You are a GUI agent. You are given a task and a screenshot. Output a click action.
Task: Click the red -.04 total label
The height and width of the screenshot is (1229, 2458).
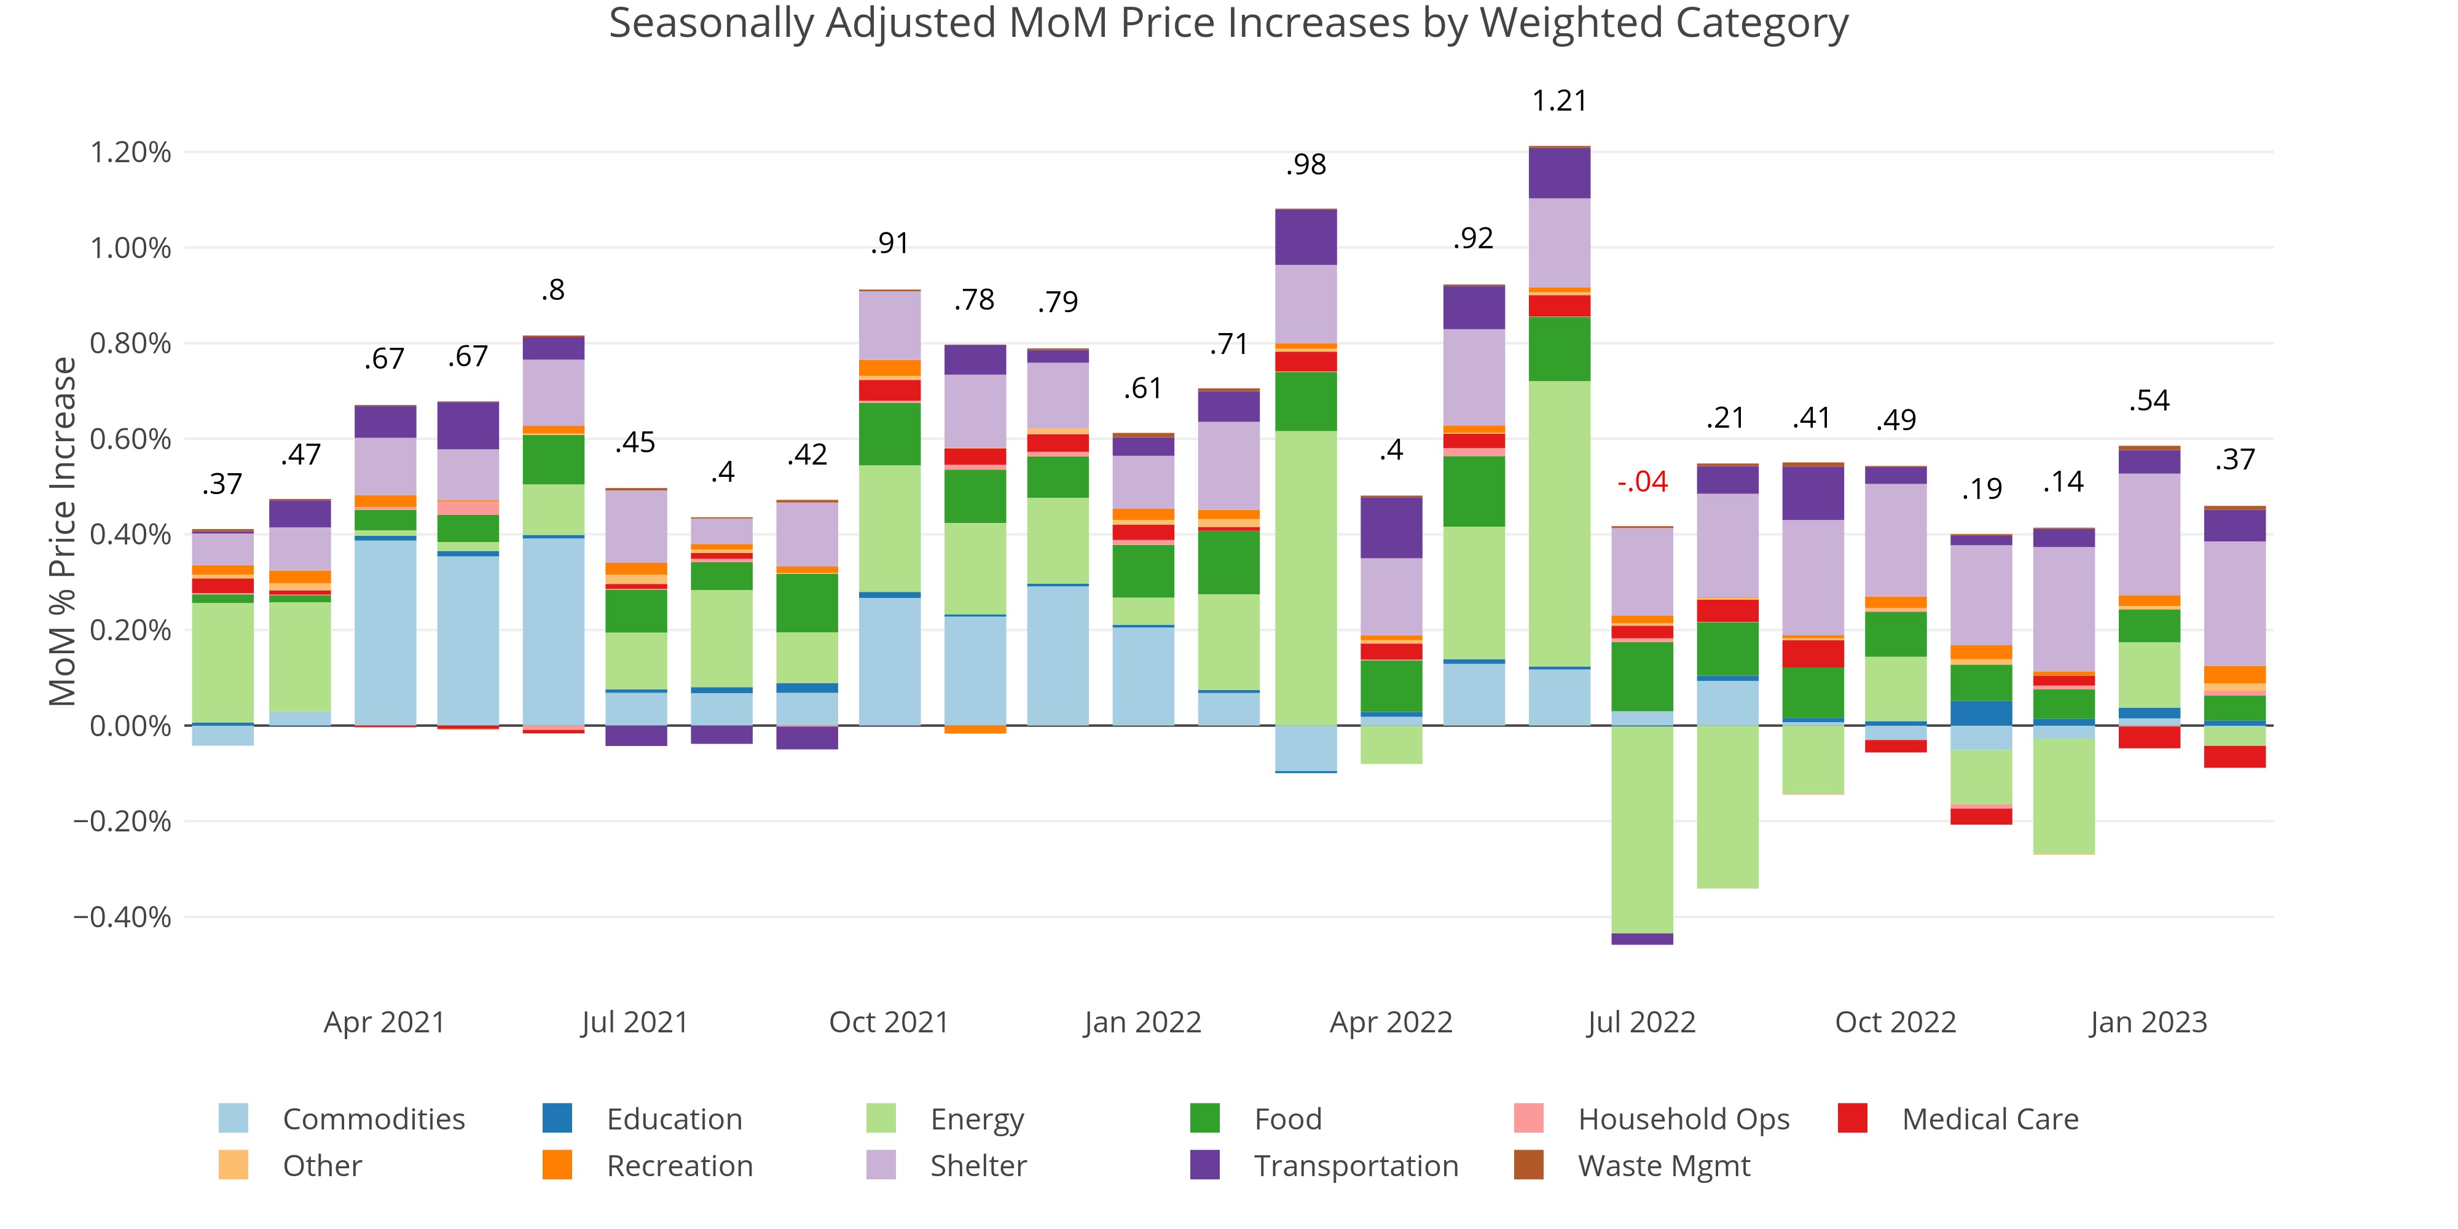pyautogui.click(x=1642, y=482)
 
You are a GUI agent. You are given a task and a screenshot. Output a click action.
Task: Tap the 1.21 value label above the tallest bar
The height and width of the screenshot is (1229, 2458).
pyautogui.click(x=1559, y=101)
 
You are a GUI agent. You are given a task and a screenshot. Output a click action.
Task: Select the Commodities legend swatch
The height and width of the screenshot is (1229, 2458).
pyautogui.click(x=233, y=1118)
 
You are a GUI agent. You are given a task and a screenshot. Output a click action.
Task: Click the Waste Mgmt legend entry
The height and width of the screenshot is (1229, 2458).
pyautogui.click(x=1663, y=1166)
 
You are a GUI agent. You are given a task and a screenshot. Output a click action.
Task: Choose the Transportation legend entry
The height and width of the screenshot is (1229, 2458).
pyautogui.click(x=1355, y=1166)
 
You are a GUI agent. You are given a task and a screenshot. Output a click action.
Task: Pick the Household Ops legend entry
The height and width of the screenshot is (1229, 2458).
pyautogui.click(x=1683, y=1118)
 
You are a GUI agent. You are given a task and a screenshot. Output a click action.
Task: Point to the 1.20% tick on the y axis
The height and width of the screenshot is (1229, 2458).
pyautogui.click(x=131, y=152)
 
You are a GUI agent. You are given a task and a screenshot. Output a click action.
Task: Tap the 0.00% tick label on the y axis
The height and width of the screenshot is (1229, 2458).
pyautogui.click(x=131, y=726)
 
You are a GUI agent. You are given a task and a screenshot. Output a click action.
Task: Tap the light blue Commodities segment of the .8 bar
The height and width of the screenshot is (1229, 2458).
pyautogui.click(x=554, y=630)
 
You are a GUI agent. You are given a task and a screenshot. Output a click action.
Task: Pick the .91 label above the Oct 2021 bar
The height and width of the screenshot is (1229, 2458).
pyautogui.click(x=889, y=245)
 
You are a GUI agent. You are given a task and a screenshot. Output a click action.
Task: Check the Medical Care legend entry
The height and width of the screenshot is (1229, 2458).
pyautogui.click(x=1990, y=1118)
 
